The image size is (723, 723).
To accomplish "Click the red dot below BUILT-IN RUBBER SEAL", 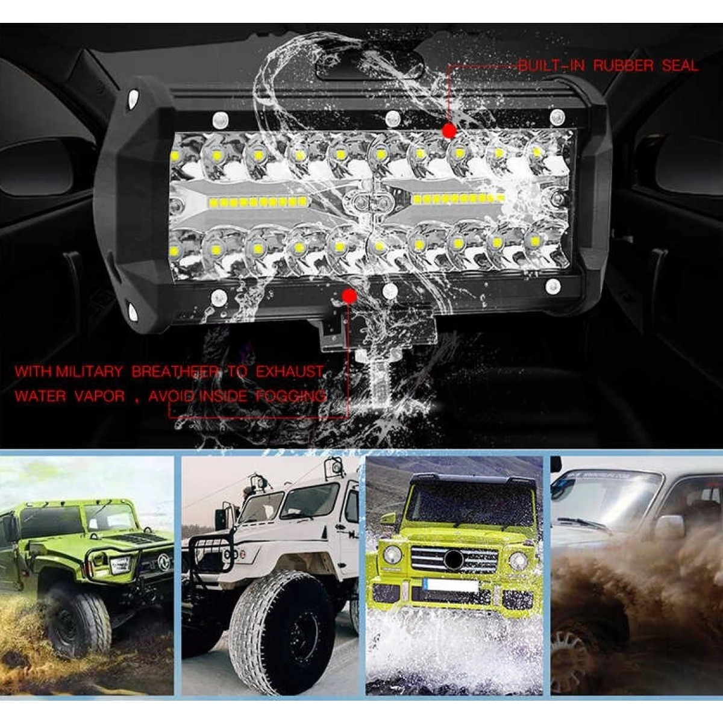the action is pyautogui.click(x=449, y=131).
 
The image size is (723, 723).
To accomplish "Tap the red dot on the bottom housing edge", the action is pyautogui.click(x=349, y=296).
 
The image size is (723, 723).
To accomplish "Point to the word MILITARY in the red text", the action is pyautogui.click(x=89, y=372).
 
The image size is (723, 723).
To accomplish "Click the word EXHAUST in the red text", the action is pyautogui.click(x=290, y=372).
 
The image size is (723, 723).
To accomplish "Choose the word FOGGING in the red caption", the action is pyautogui.click(x=291, y=396).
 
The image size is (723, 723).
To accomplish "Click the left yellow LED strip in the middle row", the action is pyautogui.click(x=257, y=202).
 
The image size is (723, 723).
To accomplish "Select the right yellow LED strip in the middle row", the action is pyautogui.click(x=458, y=198).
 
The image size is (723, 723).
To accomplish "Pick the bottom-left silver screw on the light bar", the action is pyautogui.click(x=219, y=298).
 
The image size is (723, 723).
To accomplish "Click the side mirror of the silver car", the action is pyautogui.click(x=670, y=525).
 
